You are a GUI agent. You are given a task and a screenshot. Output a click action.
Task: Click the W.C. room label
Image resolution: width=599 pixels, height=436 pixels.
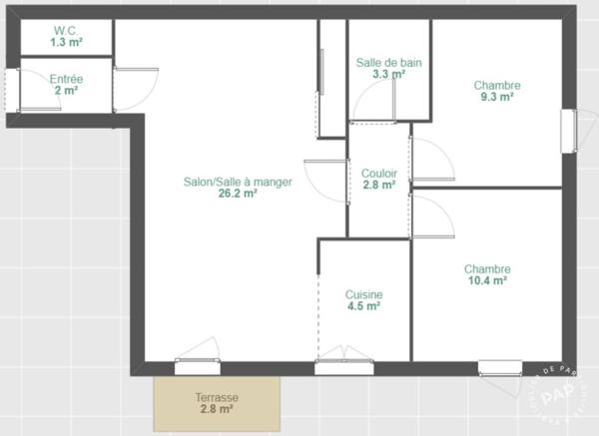66,30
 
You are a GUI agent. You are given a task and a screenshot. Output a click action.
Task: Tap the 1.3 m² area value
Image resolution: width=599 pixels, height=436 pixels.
67,42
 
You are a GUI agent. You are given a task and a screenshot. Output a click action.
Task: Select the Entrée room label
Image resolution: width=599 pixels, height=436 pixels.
66,79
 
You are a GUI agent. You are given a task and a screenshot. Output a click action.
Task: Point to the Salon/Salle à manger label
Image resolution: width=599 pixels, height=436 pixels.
238,182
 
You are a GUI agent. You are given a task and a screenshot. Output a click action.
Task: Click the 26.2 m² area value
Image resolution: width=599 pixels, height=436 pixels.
238,194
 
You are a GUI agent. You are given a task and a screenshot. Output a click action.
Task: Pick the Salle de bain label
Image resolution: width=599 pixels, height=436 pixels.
389,63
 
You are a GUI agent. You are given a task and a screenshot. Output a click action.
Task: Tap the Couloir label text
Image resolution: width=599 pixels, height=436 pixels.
379,174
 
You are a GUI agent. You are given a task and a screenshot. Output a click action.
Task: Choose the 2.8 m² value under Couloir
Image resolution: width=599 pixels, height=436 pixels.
379,186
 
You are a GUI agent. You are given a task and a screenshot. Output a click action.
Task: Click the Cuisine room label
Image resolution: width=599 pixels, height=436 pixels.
363,294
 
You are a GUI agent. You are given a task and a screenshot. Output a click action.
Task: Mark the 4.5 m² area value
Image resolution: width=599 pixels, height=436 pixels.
363,306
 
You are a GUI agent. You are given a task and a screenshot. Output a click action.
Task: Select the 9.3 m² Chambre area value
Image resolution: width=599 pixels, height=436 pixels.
496,97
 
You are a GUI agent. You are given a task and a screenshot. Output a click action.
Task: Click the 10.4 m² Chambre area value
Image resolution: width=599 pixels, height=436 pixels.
487,280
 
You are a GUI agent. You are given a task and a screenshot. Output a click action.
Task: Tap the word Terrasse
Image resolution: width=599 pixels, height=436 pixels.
217,397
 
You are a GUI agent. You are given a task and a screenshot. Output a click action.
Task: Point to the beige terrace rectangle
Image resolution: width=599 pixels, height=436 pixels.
217,404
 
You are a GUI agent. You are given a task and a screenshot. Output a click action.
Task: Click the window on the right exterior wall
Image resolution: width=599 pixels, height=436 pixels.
569,131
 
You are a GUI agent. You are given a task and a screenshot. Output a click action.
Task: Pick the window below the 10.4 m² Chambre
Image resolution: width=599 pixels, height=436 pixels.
500,368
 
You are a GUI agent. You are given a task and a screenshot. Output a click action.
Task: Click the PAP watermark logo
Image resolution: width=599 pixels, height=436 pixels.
558,393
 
